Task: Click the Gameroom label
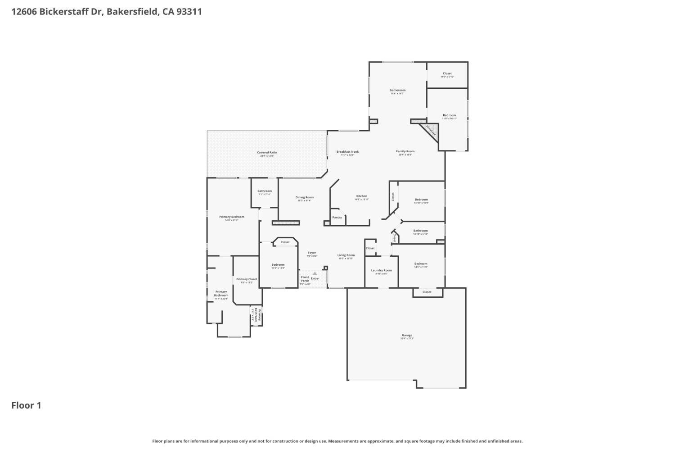pos(397,90)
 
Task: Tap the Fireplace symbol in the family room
pos(431,131)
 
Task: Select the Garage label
pos(407,335)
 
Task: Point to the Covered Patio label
pos(267,152)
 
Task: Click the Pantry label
pos(337,217)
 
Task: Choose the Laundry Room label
pos(381,270)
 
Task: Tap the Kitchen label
pos(361,196)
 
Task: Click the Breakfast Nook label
pos(347,152)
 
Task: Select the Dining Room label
pos(305,197)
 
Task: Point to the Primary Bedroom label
pos(231,217)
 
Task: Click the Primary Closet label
pos(247,279)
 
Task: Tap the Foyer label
pos(312,253)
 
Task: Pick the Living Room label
pos(346,255)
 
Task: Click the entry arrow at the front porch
pos(315,273)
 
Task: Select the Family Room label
pos(405,151)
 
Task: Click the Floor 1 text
pos(26,405)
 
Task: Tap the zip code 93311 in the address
pos(189,11)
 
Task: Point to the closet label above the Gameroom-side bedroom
pos(447,73)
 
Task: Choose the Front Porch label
pos(305,279)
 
